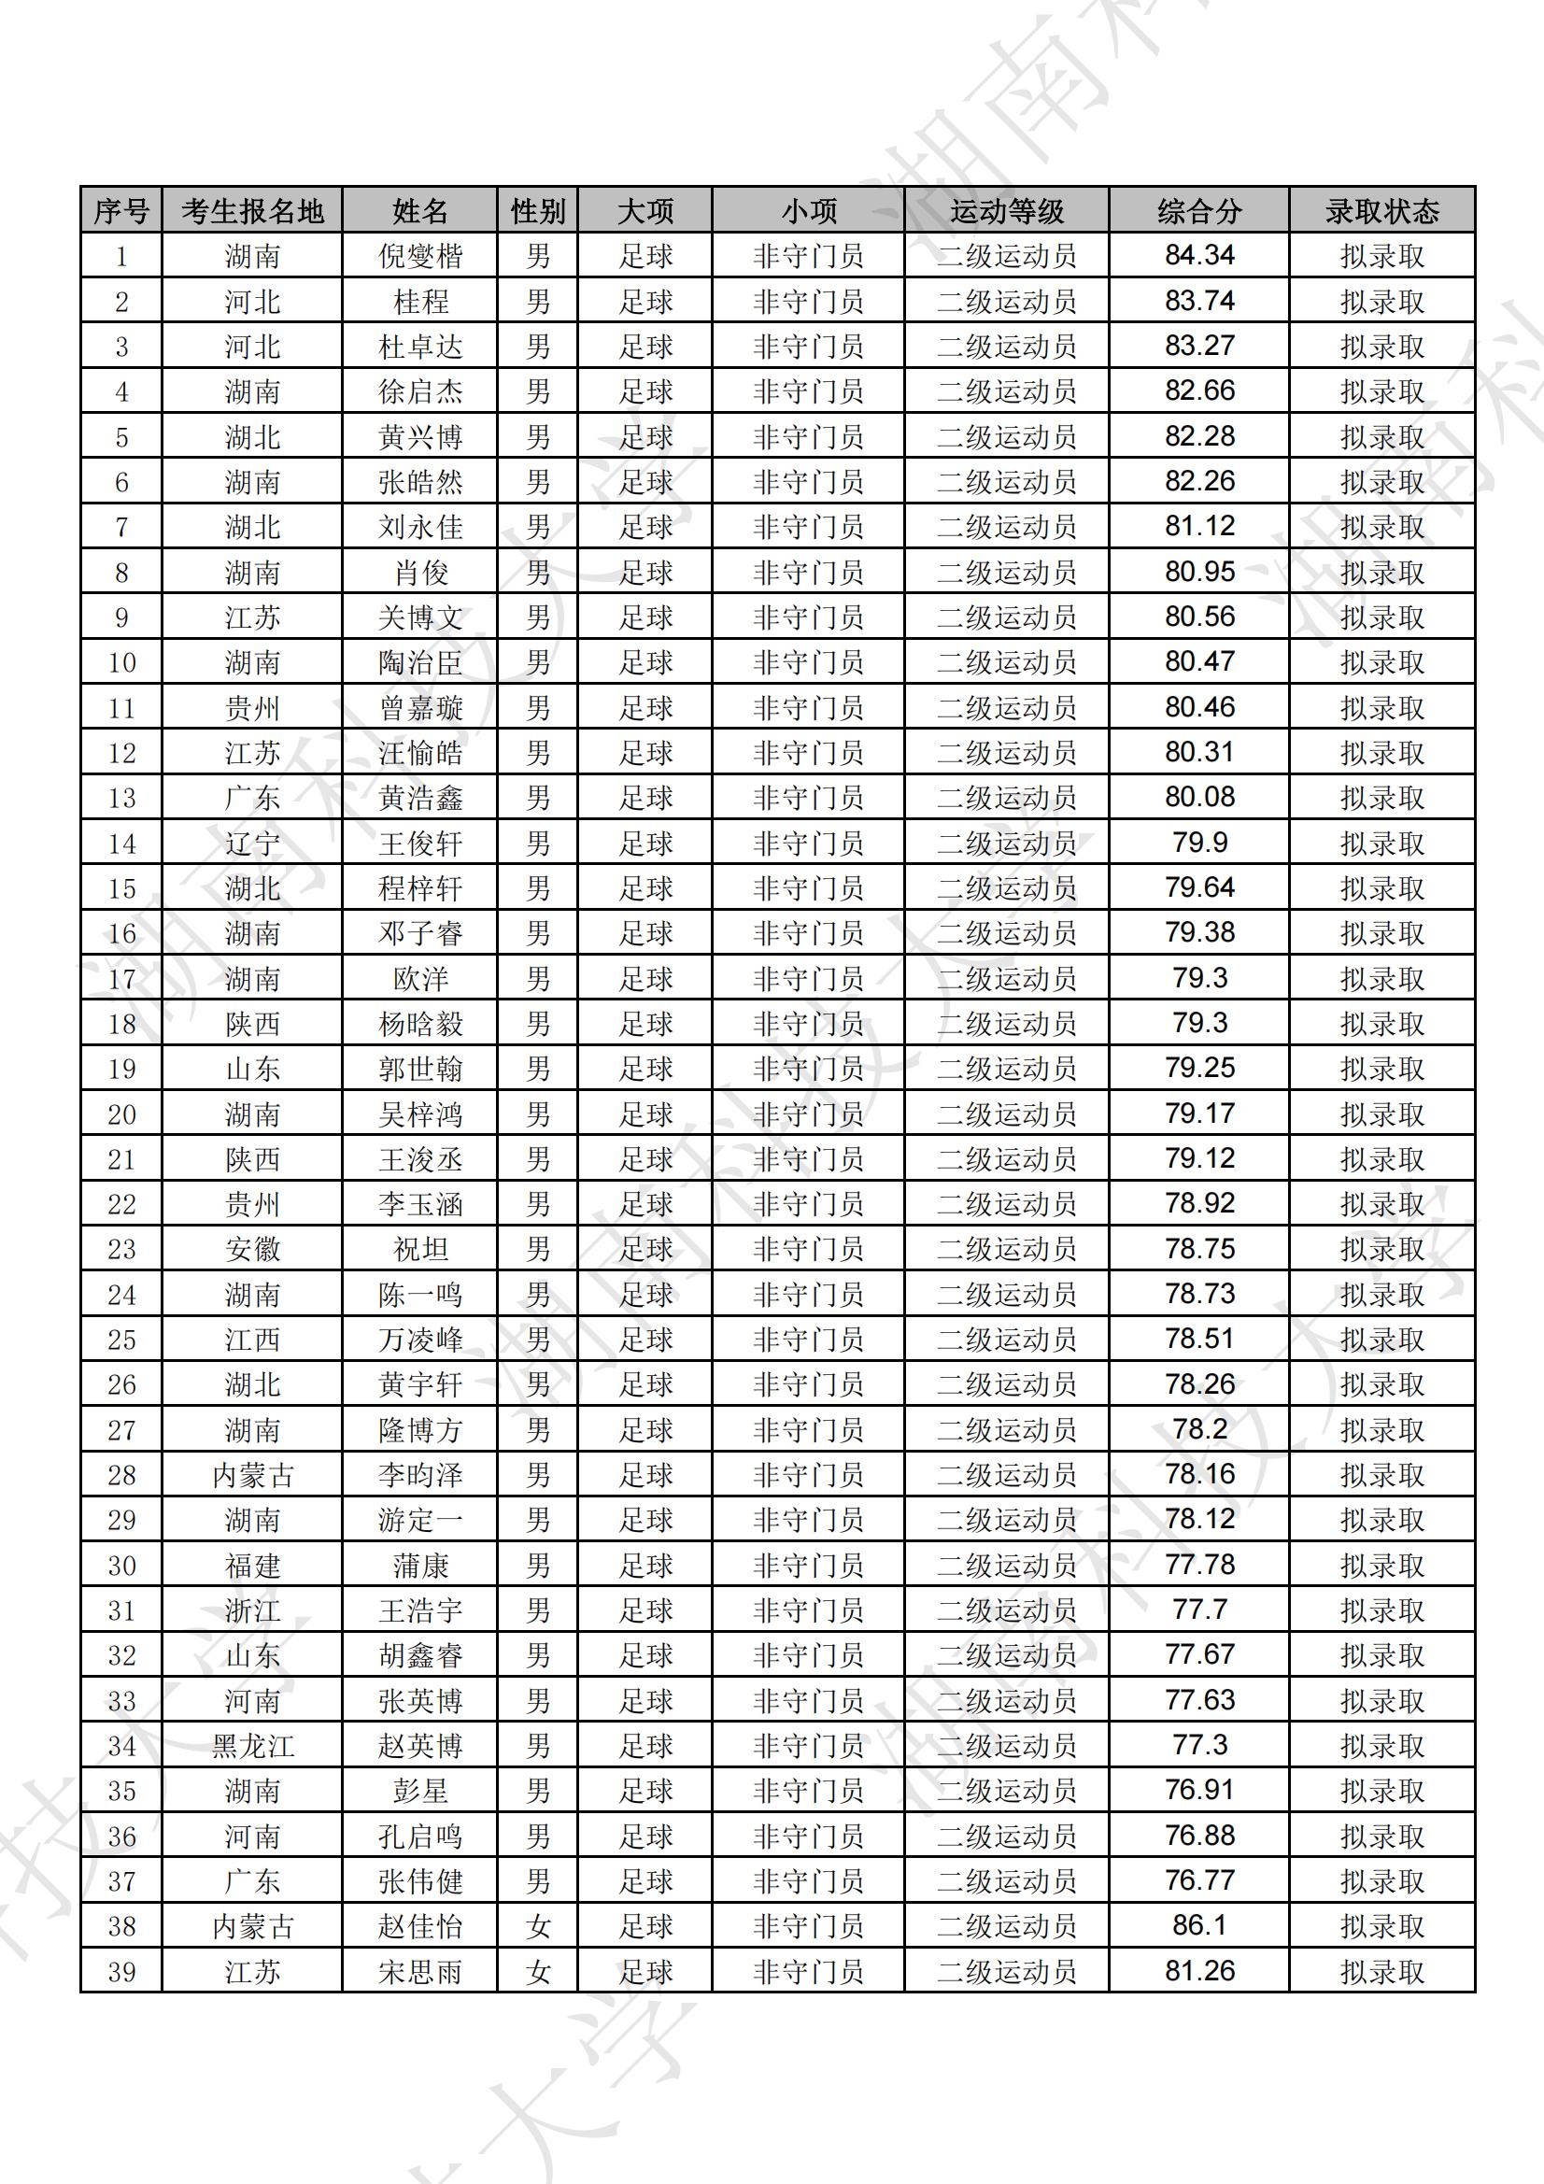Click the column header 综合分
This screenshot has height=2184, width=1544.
(1198, 210)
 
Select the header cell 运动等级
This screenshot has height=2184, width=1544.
(1007, 210)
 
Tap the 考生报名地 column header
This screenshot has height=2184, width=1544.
(252, 210)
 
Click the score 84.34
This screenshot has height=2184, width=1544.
(1198, 255)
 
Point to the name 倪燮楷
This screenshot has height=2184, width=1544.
(419, 256)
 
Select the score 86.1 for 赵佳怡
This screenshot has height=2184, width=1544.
(1198, 1925)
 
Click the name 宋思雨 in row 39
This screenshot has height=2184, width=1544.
(419, 1971)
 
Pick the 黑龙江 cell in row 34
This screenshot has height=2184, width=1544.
(252, 1746)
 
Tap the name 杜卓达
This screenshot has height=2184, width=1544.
(419, 347)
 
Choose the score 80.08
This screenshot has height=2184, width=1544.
(1198, 797)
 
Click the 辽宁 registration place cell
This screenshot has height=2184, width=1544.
(252, 843)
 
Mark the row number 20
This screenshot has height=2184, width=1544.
(121, 1113)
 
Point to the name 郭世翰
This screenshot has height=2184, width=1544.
(419, 1070)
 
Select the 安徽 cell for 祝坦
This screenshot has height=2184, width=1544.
(252, 1249)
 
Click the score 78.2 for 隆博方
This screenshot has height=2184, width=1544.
(1198, 1428)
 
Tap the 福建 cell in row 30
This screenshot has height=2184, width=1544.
(252, 1565)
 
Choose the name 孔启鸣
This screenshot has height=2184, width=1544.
(419, 1836)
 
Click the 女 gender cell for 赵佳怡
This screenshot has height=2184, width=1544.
(537, 1926)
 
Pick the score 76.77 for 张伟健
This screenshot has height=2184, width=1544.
(1198, 1880)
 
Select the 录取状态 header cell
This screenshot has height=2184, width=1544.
(1381, 210)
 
